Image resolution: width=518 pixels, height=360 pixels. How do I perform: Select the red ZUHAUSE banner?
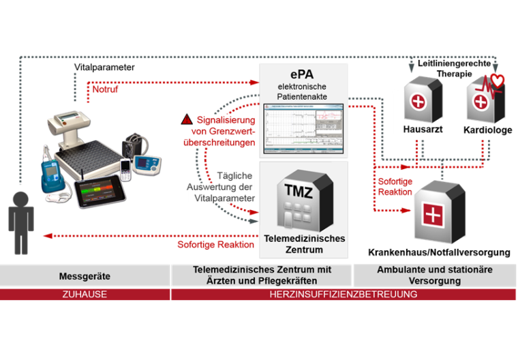(x=85, y=295)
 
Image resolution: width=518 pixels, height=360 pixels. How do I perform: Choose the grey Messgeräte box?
(x=85, y=276)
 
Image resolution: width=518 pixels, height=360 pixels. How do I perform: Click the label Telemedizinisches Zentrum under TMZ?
(x=303, y=243)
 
